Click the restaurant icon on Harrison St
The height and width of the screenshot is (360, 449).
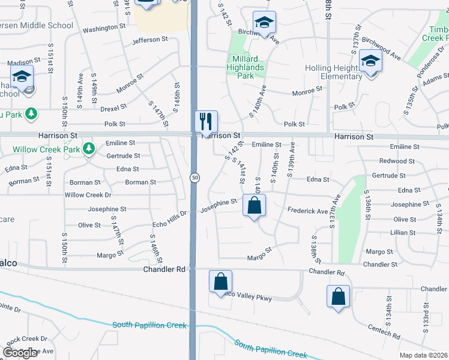tap(206, 122)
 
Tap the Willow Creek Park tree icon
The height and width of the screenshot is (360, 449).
tap(89, 148)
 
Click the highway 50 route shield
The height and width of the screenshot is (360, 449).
tap(194, 178)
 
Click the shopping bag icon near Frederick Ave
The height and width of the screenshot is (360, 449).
tap(255, 206)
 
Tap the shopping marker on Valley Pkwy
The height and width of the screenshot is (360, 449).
tap(220, 281)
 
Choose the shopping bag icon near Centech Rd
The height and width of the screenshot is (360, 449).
tap(338, 296)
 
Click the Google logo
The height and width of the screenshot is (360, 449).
tap(20, 353)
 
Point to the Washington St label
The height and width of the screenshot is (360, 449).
tap(104, 28)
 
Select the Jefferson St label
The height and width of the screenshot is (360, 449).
tap(150, 40)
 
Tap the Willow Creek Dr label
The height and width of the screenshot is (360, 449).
tap(88, 195)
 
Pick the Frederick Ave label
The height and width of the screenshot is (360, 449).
tap(308, 211)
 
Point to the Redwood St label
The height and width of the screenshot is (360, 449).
tap(394, 161)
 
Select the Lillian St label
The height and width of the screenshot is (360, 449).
tap(403, 232)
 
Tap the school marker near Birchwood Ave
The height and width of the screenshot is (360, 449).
tap(264, 22)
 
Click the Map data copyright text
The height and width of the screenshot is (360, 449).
tap(423, 355)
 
